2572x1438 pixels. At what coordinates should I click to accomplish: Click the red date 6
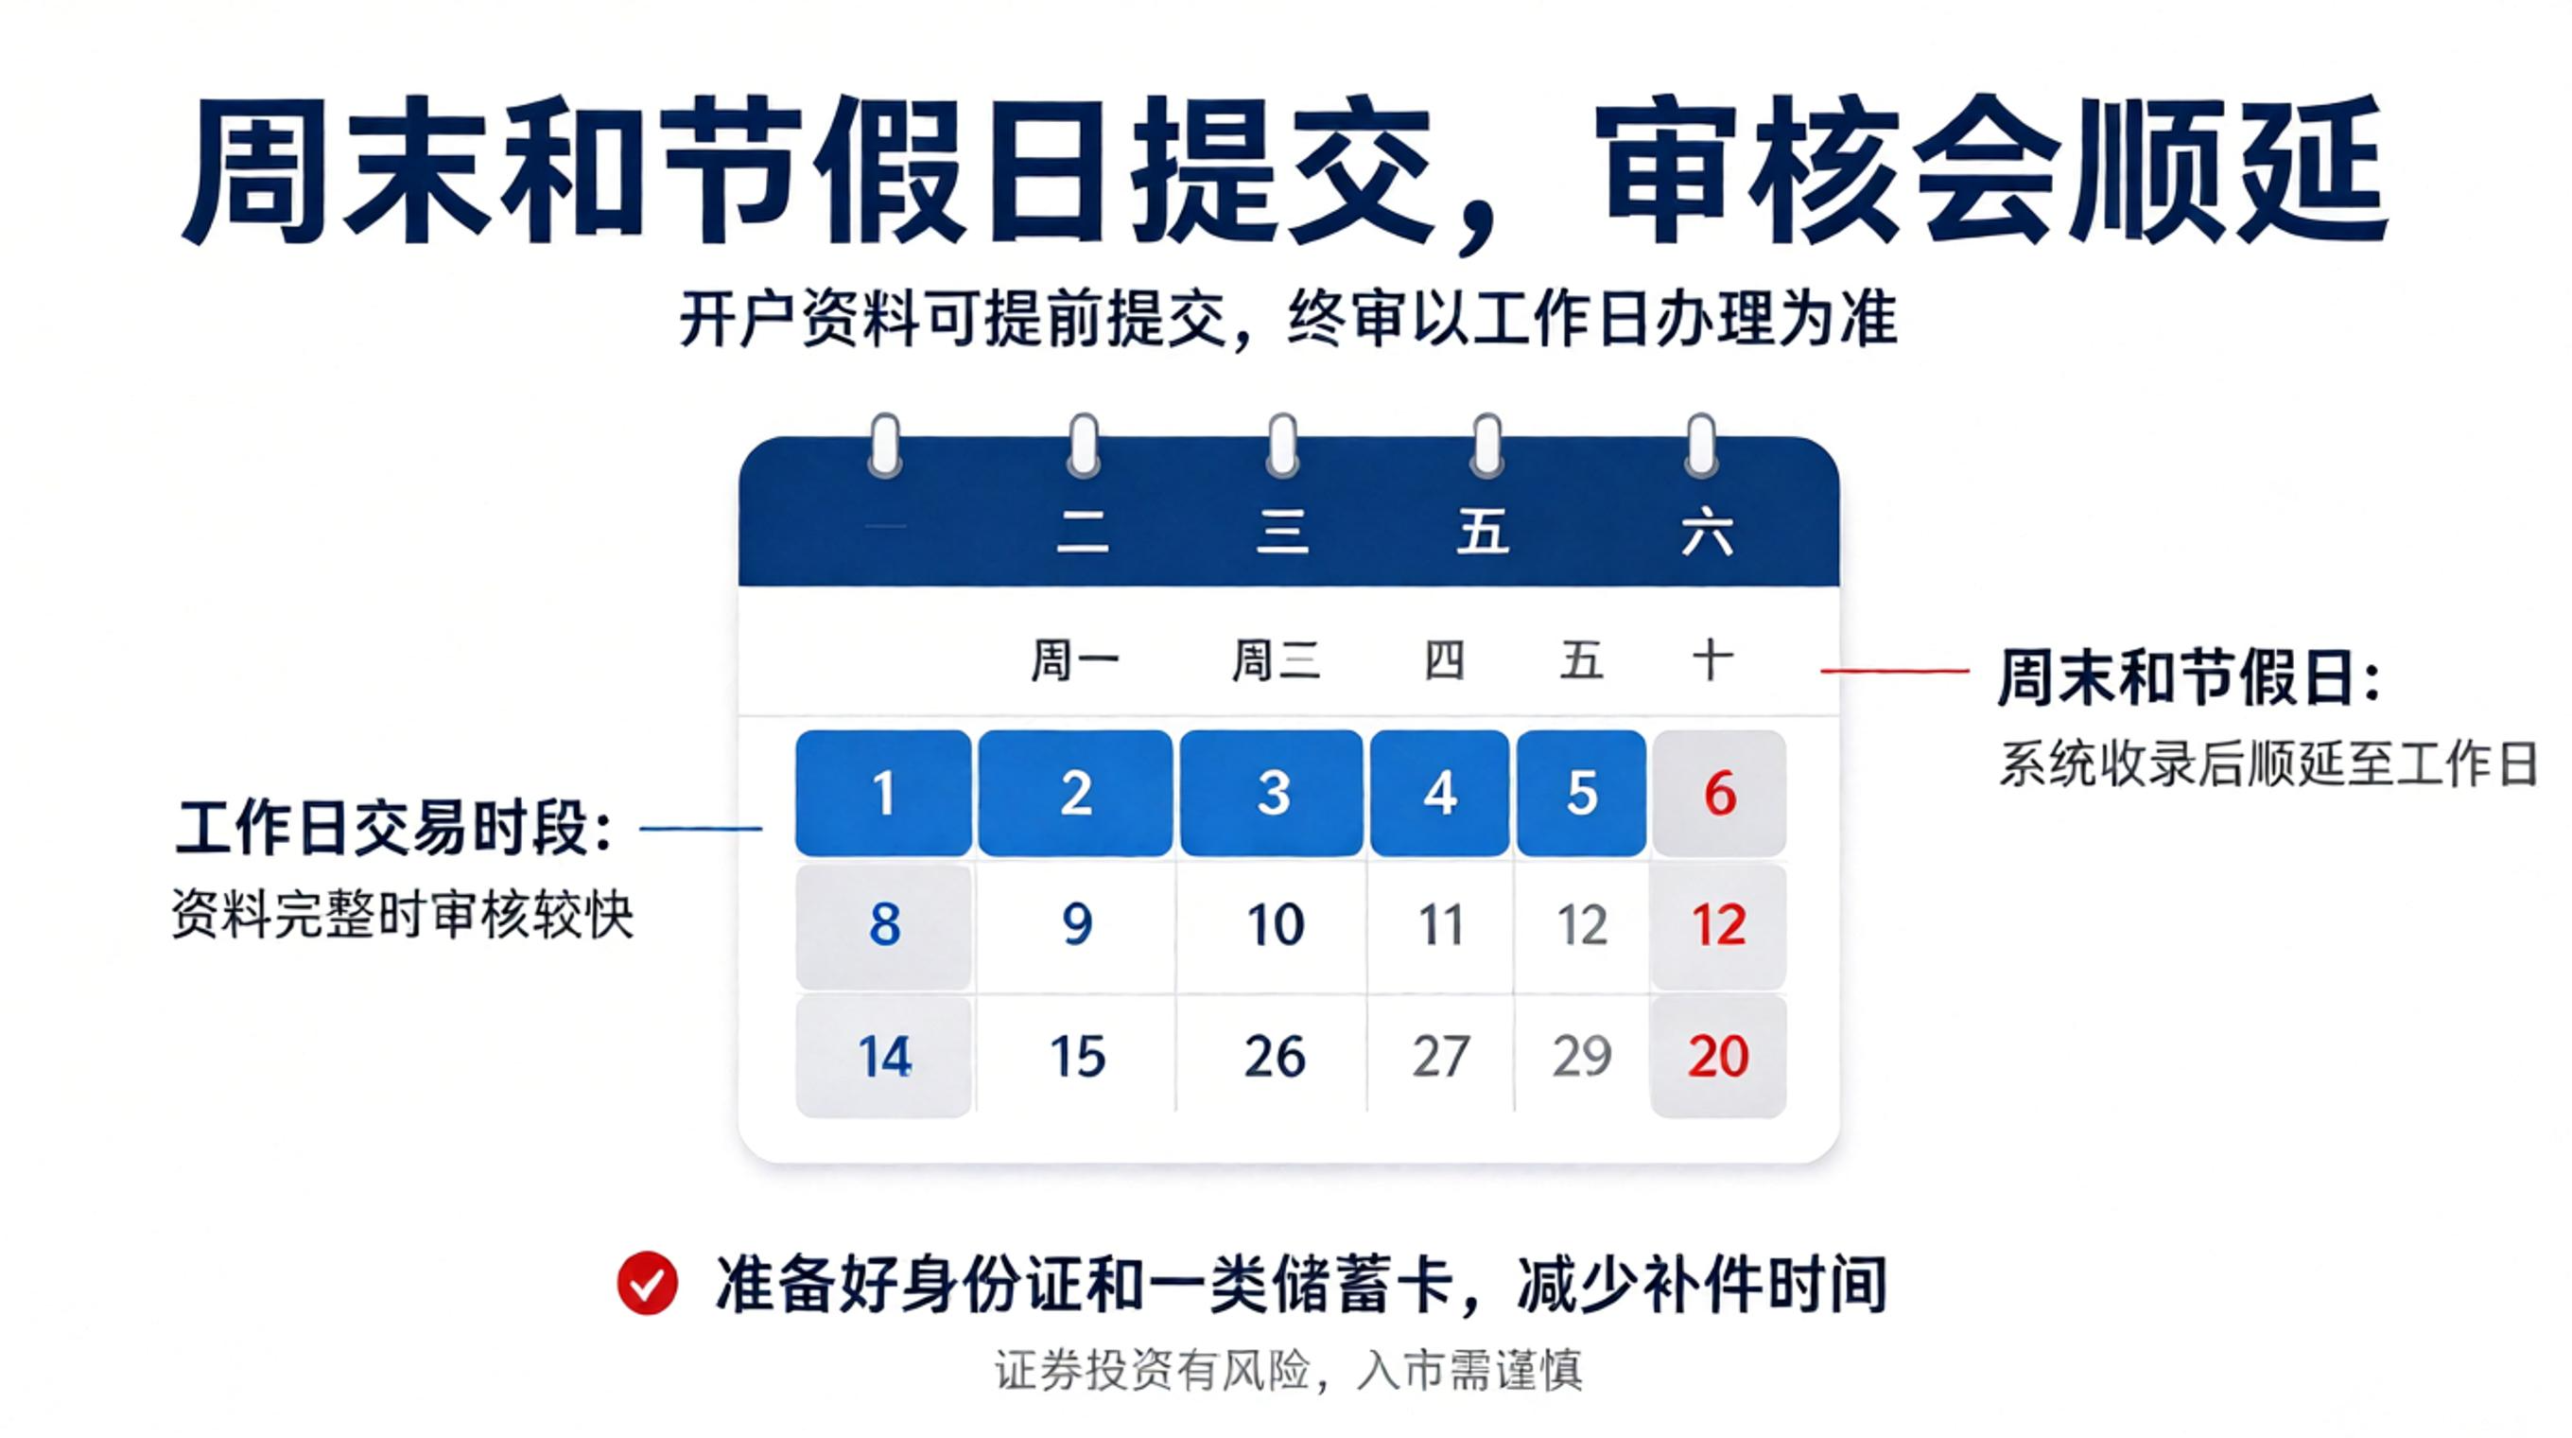(x=1719, y=794)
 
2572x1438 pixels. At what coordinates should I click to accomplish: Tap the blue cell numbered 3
(x=1271, y=793)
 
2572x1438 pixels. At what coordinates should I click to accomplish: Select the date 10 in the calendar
(x=1275, y=924)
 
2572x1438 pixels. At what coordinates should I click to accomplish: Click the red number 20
(x=1718, y=1057)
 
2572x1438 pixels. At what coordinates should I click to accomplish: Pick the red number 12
(x=1718, y=924)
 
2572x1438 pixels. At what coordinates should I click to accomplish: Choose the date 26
(x=1275, y=1057)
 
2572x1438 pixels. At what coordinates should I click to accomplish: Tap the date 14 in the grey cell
(x=885, y=1057)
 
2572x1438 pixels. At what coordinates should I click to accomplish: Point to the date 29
(x=1582, y=1057)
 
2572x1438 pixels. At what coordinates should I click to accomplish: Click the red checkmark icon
(x=647, y=1283)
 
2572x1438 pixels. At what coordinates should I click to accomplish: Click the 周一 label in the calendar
(x=1075, y=661)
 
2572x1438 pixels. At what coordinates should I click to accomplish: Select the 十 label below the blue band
(x=1712, y=660)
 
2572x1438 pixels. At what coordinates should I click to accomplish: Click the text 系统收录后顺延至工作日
(x=2268, y=765)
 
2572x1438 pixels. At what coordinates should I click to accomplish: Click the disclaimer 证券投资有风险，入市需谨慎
(x=1288, y=1370)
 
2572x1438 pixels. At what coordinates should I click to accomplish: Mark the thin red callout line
(x=1894, y=671)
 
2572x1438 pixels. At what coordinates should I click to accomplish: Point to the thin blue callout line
(x=700, y=828)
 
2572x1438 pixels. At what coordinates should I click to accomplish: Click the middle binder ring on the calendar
(x=1282, y=446)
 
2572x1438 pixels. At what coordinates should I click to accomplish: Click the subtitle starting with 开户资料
(x=1288, y=320)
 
